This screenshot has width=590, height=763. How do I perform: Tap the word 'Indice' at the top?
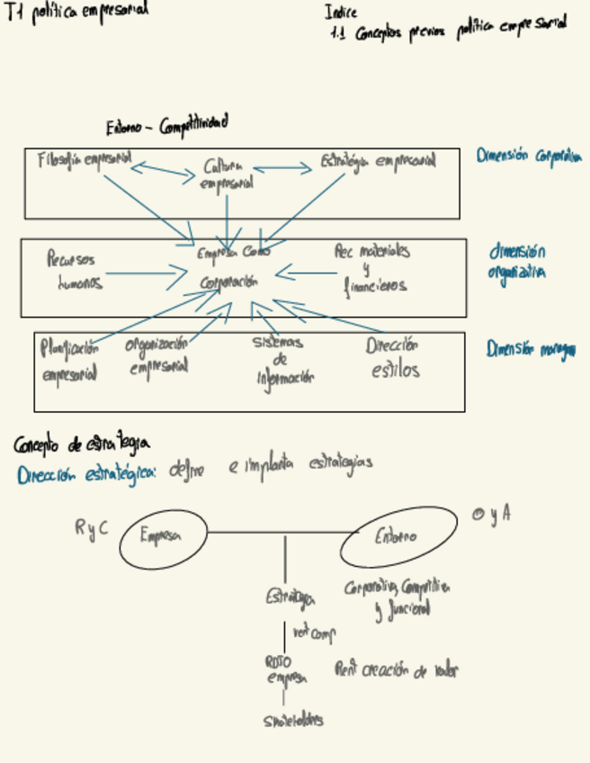[x=341, y=13]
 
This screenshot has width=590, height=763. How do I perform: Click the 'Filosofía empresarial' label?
[x=84, y=160]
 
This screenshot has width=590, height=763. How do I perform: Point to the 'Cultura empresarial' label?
[x=227, y=175]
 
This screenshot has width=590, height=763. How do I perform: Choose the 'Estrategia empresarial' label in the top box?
[x=378, y=162]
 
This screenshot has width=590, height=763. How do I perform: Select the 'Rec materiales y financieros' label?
[x=372, y=268]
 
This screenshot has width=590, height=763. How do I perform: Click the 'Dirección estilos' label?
[x=394, y=357]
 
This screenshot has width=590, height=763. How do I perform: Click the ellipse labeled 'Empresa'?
[x=163, y=538]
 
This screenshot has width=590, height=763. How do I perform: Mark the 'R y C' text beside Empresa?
[x=92, y=528]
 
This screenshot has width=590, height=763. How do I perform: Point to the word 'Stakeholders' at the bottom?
[x=293, y=721]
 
